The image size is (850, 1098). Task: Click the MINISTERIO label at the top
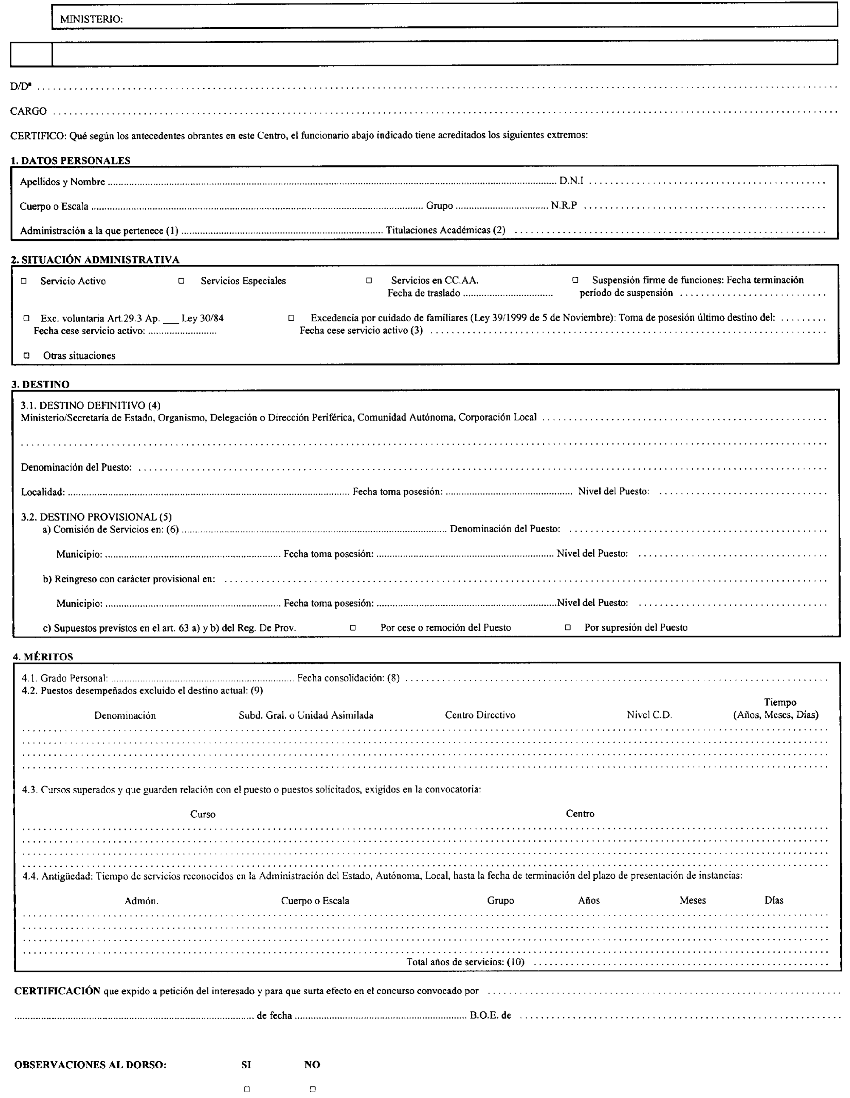[91, 20]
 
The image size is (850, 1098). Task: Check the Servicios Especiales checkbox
[181, 281]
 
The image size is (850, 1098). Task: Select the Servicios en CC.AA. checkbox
[369, 281]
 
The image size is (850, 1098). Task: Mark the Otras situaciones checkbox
[27, 355]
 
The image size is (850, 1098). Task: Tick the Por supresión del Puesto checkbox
[568, 627]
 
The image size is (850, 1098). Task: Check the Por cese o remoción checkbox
[353, 627]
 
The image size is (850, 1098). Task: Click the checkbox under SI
[247, 1089]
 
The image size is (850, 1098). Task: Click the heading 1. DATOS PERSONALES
[71, 160]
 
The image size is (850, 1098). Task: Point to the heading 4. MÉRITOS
[43, 657]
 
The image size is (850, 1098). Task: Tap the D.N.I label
[572, 181]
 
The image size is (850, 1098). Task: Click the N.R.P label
[564, 205]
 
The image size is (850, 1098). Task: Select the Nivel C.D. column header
[649, 715]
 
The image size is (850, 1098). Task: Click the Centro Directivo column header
[480, 715]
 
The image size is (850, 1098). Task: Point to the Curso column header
[203, 814]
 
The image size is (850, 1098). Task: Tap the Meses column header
[693, 900]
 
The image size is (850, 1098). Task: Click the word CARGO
[28, 111]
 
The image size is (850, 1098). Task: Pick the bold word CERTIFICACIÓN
[57, 991]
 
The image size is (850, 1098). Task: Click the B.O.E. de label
[490, 1015]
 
